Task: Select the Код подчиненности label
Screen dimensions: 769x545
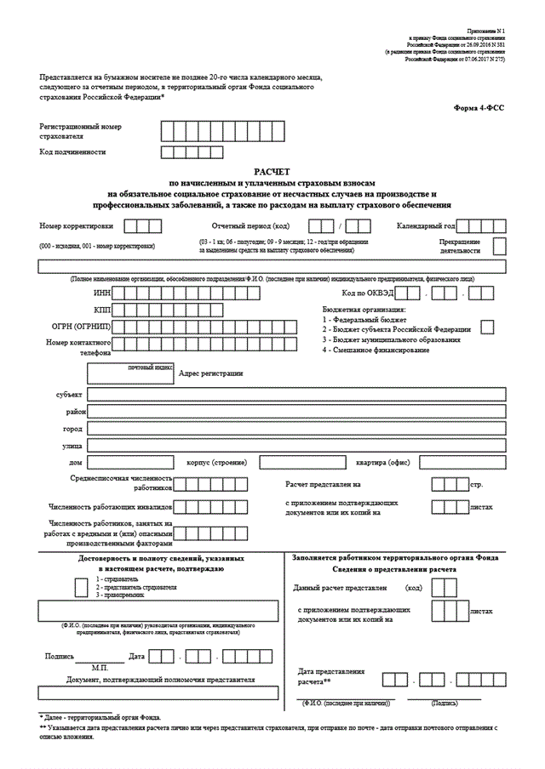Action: (x=72, y=151)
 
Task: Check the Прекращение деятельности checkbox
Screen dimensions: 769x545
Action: (x=500, y=247)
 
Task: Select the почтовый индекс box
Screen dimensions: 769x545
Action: (x=130, y=373)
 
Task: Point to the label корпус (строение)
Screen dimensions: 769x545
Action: (x=216, y=462)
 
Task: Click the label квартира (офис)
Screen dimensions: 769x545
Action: (x=377, y=463)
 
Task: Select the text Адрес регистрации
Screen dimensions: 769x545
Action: (x=210, y=373)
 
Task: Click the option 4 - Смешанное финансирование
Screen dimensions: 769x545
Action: (x=376, y=350)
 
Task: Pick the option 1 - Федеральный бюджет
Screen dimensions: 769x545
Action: (x=364, y=319)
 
